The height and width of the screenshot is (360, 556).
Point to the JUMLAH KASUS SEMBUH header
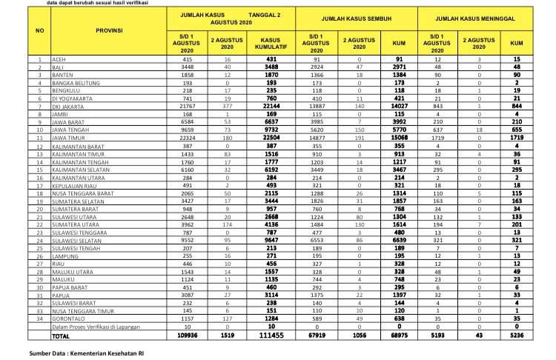point(362,18)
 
